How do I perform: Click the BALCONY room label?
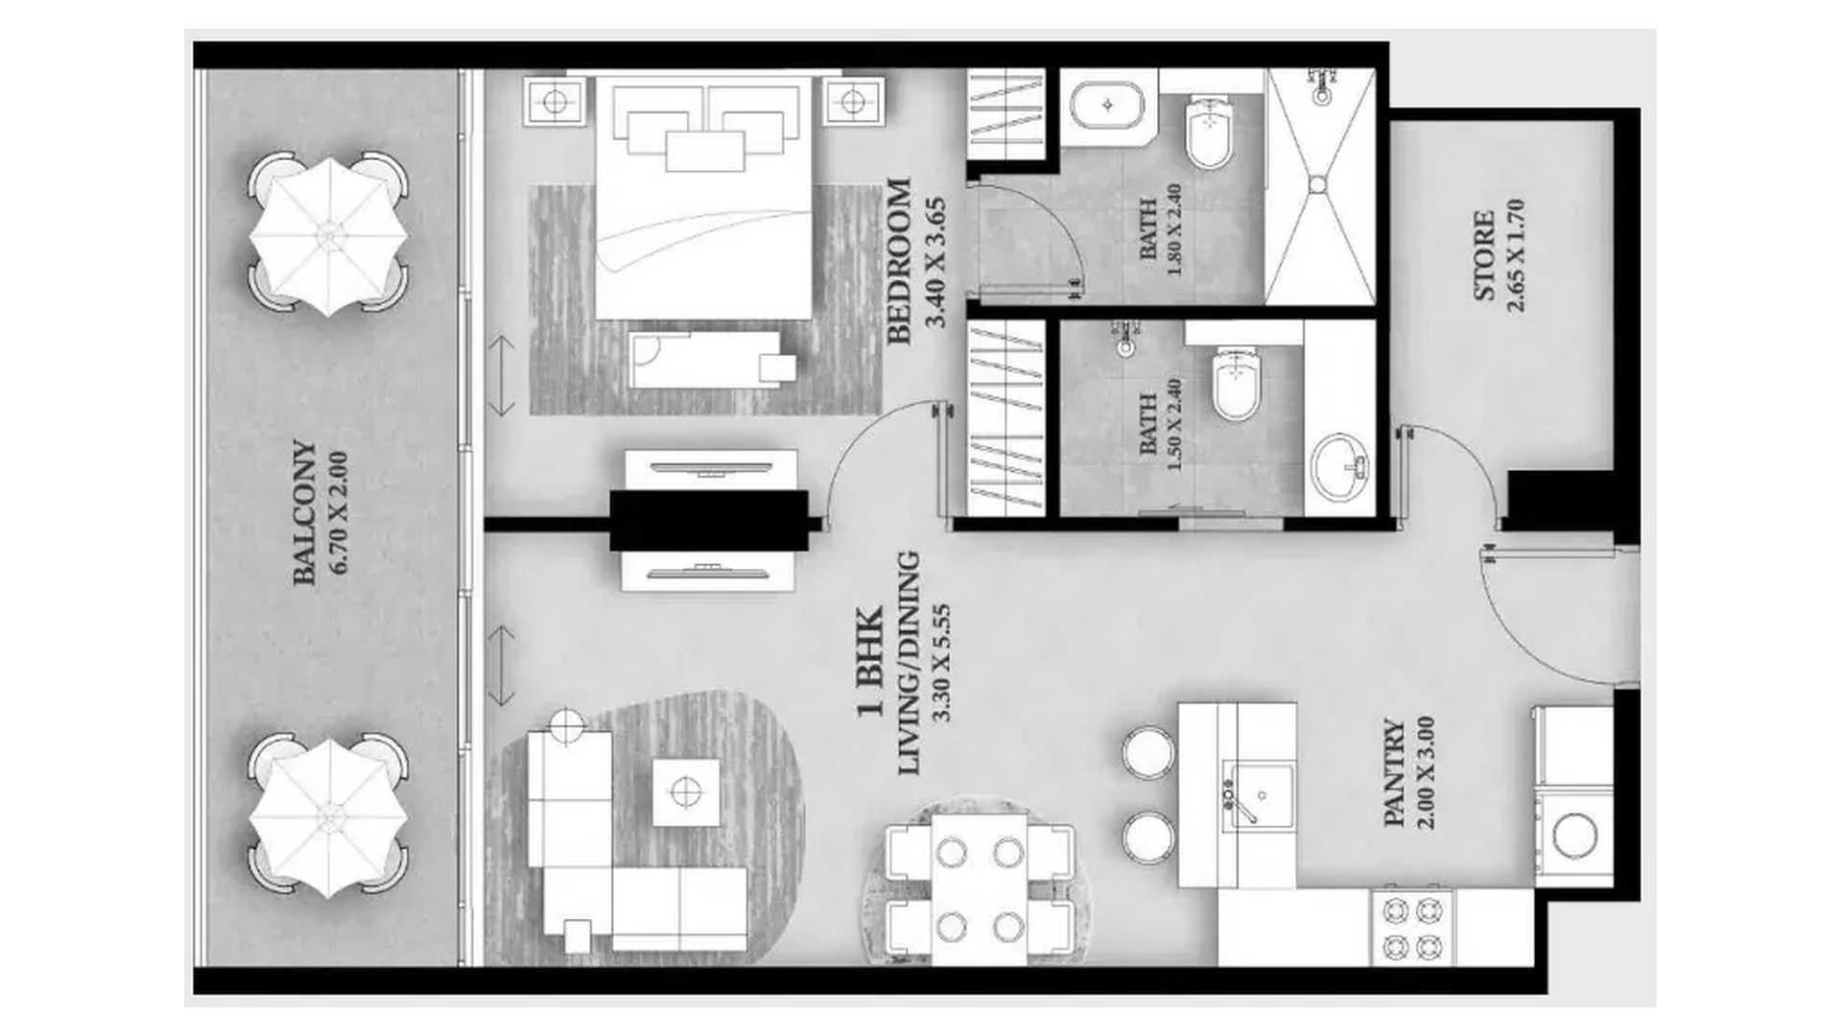tap(304, 512)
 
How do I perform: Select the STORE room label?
tap(1484, 255)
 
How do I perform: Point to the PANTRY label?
tap(1395, 773)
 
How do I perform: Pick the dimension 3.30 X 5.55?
tap(941, 663)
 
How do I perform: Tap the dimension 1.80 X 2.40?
tap(1173, 230)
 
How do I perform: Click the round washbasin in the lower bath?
tap(1340, 467)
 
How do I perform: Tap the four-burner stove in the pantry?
tap(1412, 926)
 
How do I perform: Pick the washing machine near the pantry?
tap(1573, 836)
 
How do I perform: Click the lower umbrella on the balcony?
tap(328, 816)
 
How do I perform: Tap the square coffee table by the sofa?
tap(686, 792)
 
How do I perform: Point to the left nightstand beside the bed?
tap(554, 101)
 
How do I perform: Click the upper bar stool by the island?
tap(1147, 751)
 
